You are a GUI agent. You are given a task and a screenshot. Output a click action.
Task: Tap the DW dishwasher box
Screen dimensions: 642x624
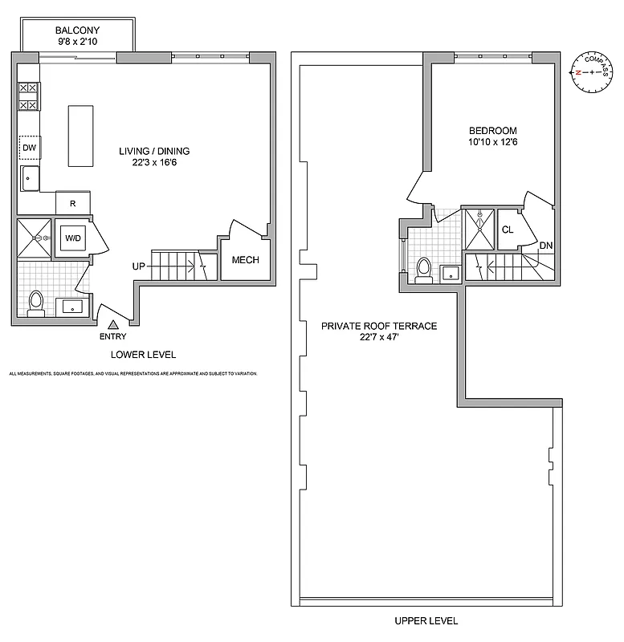pyautogui.click(x=30, y=148)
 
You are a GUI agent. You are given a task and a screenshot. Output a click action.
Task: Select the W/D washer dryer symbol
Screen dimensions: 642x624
pyautogui.click(x=71, y=238)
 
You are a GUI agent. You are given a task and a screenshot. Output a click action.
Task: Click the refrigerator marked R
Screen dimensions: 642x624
pyautogui.click(x=73, y=204)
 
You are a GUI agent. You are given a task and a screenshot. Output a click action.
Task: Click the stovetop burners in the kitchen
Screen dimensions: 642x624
pyautogui.click(x=28, y=96)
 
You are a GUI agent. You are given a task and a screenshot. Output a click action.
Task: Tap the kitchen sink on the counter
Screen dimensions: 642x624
pyautogui.click(x=30, y=178)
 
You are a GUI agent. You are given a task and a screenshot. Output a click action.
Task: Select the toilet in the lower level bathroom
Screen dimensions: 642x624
pyautogui.click(x=35, y=303)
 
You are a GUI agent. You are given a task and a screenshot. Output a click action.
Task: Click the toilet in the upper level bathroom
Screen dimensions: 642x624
pyautogui.click(x=424, y=269)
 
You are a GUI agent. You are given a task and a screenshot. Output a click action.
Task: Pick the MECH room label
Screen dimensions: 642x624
pyautogui.click(x=244, y=260)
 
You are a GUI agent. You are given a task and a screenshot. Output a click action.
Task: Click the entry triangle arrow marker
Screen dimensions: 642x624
pyautogui.click(x=113, y=324)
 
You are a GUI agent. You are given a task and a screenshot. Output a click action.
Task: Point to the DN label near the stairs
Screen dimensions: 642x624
pyautogui.click(x=545, y=246)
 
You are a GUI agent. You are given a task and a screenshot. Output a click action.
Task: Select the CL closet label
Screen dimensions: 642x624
pyautogui.click(x=508, y=229)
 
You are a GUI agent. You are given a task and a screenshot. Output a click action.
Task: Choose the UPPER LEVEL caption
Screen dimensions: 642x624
pyautogui.click(x=426, y=620)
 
